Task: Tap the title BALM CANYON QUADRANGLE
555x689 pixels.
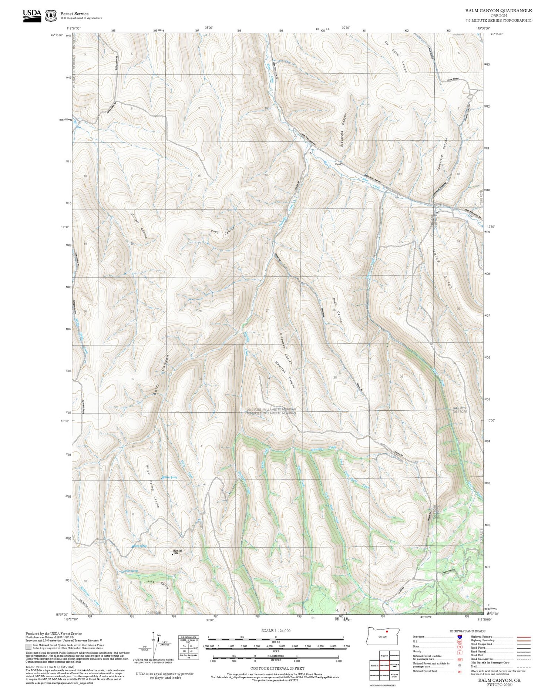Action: click(x=498, y=11)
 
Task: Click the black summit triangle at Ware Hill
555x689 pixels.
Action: click(x=173, y=555)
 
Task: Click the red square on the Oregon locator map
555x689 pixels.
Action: click(x=387, y=632)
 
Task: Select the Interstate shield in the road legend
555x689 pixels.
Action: click(x=460, y=636)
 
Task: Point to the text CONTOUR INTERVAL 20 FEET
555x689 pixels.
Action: click(x=277, y=668)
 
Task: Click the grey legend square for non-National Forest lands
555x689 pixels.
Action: click(x=28, y=646)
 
